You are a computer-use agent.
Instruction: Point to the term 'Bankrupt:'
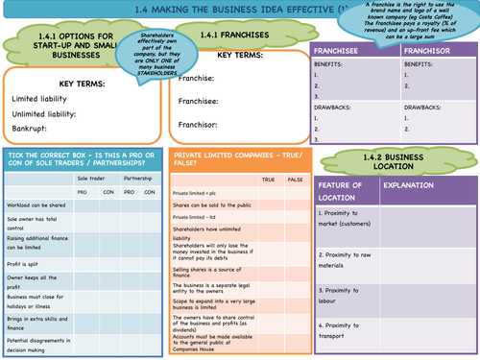coord(31,131)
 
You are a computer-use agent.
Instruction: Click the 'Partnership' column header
coord(137,178)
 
